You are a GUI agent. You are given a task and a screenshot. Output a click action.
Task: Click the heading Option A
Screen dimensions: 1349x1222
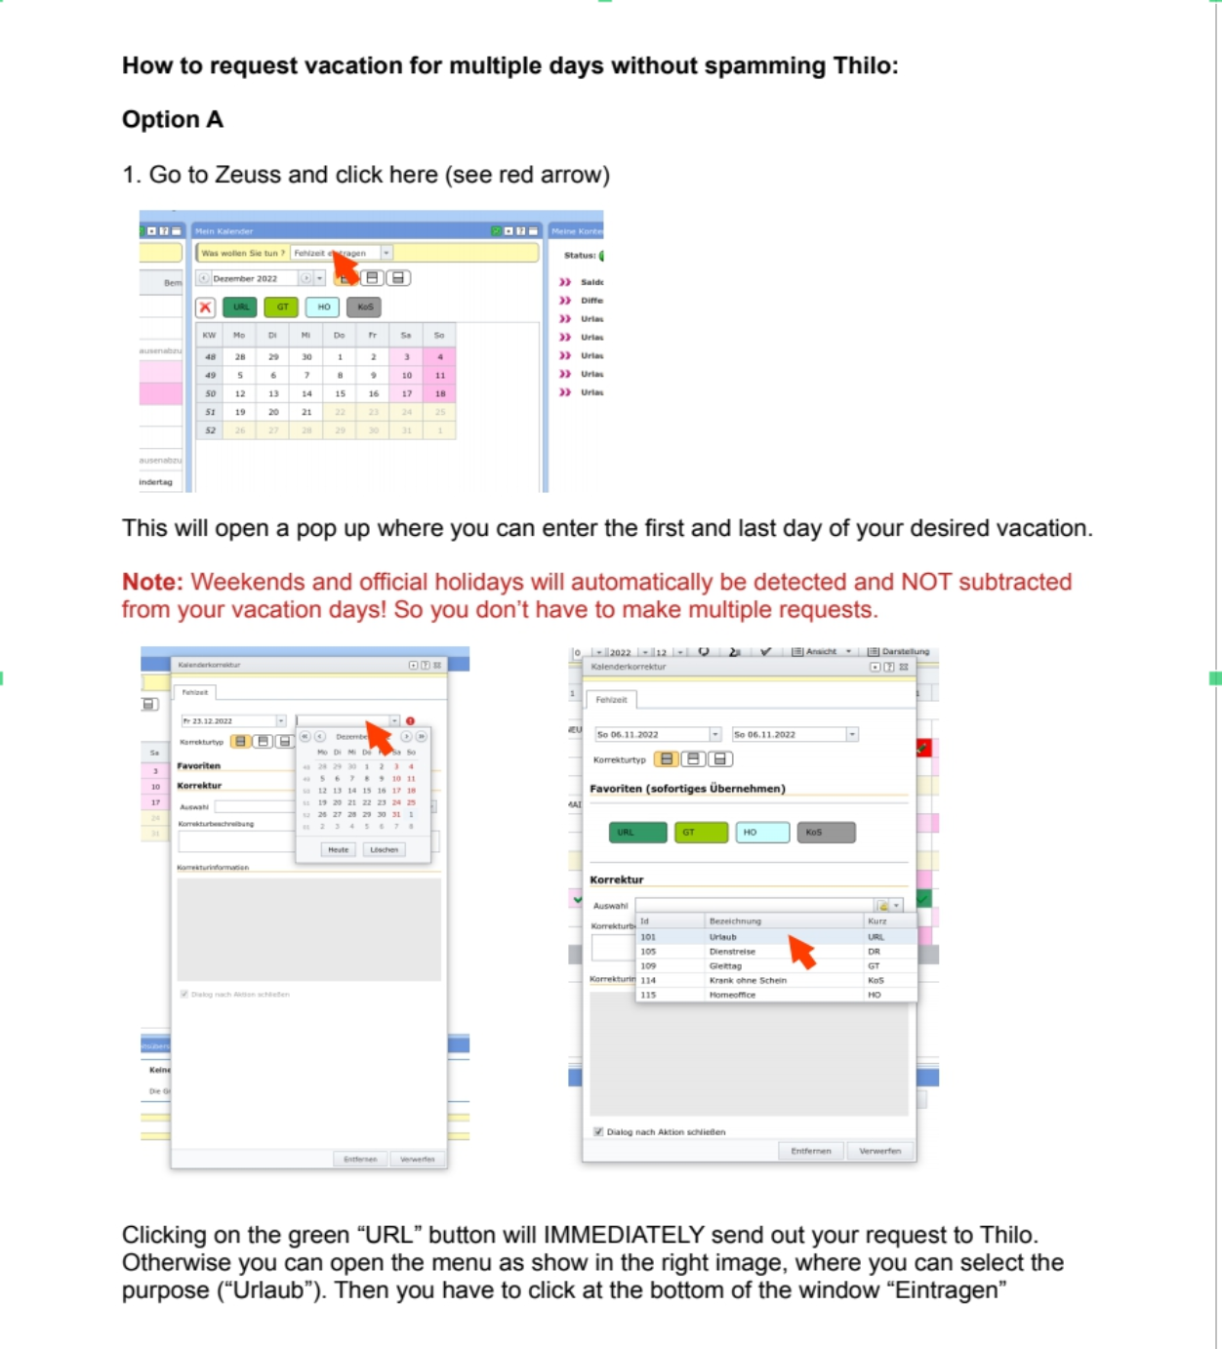(173, 119)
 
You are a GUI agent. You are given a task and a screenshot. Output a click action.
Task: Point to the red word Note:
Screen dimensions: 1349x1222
(152, 582)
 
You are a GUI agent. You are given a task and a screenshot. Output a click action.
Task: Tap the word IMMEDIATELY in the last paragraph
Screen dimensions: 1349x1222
(624, 1235)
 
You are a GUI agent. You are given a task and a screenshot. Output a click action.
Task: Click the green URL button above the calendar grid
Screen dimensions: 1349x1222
(240, 307)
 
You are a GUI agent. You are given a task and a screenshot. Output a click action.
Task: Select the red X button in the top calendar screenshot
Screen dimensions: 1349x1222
(205, 307)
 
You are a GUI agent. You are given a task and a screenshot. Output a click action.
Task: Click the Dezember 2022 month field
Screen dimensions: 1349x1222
(254, 278)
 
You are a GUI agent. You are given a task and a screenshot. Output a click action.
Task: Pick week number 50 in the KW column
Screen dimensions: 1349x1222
(210, 393)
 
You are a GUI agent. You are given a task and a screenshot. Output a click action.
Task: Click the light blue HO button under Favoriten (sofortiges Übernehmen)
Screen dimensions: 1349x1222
(761, 833)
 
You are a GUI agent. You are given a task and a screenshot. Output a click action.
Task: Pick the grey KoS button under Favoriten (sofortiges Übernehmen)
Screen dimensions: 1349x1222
(826, 833)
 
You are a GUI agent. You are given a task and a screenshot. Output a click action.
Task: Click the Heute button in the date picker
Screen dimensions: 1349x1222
(338, 849)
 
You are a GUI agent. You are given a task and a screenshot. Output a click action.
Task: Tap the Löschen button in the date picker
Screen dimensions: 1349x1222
(384, 849)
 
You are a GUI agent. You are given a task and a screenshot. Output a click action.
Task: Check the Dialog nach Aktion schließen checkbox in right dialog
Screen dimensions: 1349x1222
(598, 1131)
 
